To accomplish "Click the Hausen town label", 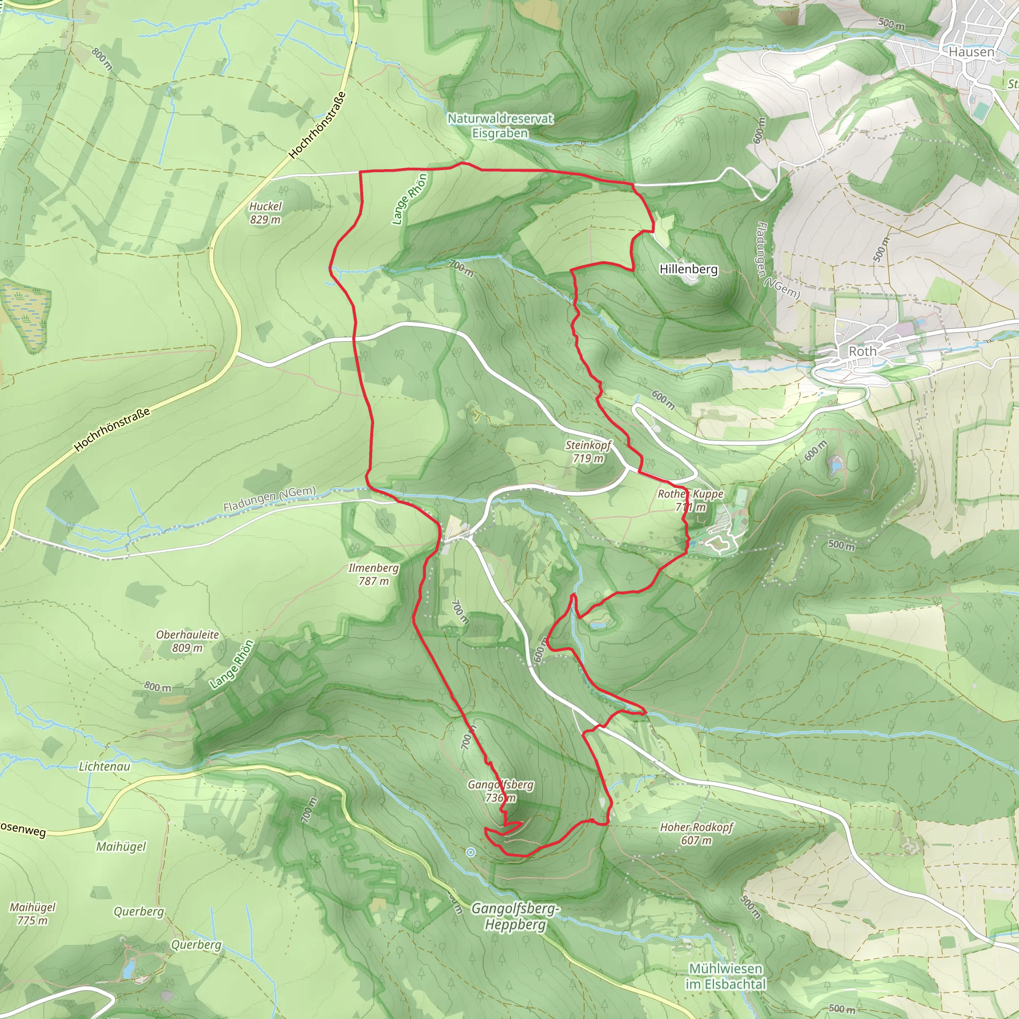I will tap(971, 52).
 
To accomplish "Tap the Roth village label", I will tap(862, 351).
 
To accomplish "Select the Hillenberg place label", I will tap(688, 269).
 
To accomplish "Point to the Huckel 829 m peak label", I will tap(265, 212).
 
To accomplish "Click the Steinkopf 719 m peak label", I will tap(588, 451).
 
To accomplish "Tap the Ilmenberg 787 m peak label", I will tap(374, 574).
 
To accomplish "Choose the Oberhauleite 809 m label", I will tap(187, 641).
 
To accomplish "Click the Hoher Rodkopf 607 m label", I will tap(696, 833).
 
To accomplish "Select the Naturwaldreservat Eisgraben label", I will tap(500, 125).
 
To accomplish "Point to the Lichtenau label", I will tap(104, 766).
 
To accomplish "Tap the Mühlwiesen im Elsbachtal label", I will tap(725, 976).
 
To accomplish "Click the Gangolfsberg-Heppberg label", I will tap(515, 916).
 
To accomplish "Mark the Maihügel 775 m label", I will tap(32, 914).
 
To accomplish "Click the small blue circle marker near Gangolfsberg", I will tap(471, 852).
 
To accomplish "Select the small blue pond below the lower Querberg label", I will tap(128, 968).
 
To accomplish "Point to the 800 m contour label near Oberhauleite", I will tap(158, 687).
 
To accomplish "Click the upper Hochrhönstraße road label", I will tap(317, 125).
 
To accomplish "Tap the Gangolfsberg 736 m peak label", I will tap(501, 791).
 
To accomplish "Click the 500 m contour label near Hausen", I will tap(891, 24).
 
